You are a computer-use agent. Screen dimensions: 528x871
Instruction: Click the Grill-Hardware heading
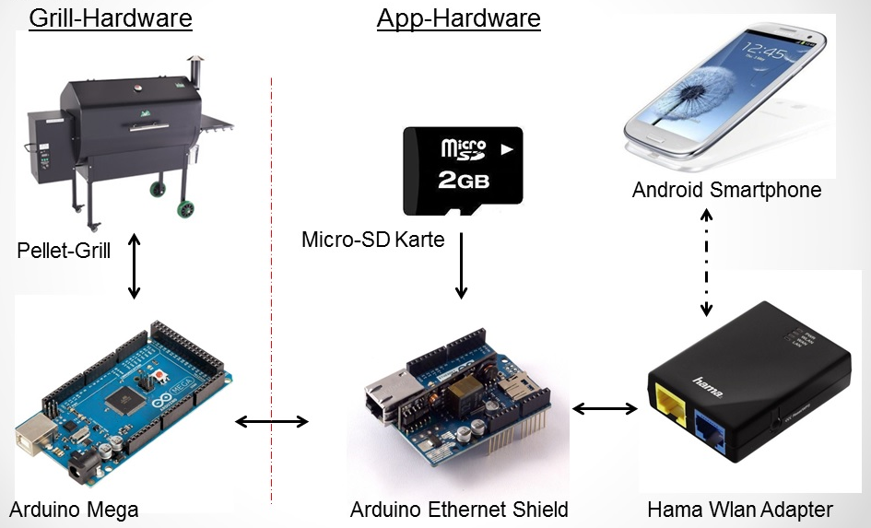[111, 18]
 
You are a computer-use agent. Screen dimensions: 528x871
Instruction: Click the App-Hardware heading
[458, 18]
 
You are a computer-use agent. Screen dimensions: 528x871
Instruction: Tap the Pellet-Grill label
[64, 250]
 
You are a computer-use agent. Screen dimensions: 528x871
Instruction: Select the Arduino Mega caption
[74, 509]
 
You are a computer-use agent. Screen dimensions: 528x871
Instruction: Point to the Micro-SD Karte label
[373, 241]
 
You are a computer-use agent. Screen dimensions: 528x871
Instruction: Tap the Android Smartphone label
[727, 191]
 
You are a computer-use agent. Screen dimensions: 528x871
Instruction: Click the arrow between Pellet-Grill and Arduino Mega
[135, 266]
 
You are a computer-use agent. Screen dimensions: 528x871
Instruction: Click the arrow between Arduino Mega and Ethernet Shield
[272, 422]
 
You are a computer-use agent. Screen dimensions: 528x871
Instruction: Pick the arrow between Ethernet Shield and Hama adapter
[605, 408]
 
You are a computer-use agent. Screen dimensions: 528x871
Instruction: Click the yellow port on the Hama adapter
[669, 406]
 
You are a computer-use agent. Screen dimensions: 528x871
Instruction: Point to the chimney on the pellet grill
[194, 68]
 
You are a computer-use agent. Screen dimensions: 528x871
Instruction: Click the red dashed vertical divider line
[272, 276]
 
